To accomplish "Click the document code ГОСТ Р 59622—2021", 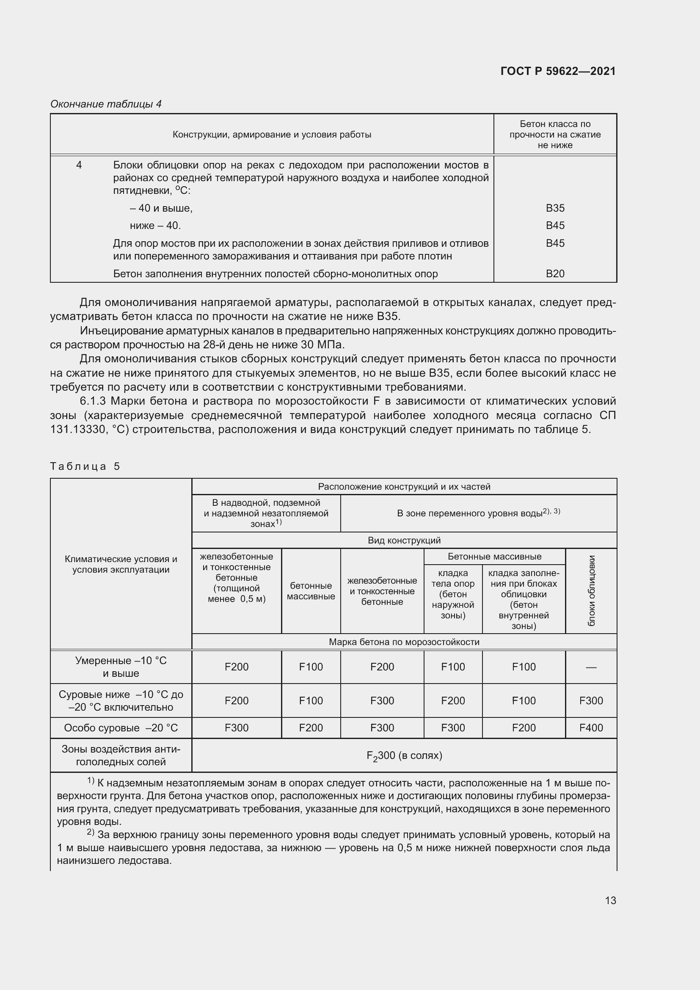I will tap(558, 71).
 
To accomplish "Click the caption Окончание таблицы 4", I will tap(106, 104).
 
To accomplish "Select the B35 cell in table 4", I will tap(555, 208).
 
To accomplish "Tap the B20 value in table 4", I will tap(555, 274).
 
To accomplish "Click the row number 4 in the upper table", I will tap(79, 165).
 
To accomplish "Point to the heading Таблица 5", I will tap(85, 466).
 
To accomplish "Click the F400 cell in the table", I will tap(591, 728).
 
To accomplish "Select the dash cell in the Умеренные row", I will tap(591, 667).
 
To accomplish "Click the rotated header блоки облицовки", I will tap(591, 591).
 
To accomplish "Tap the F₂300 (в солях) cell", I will tap(404, 756).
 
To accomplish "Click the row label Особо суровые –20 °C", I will tap(121, 728).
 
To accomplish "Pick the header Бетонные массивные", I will tap(494, 557).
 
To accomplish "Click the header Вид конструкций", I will tap(404, 540).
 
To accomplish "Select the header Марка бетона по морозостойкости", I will tap(404, 642).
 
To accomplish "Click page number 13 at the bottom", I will tap(610, 900).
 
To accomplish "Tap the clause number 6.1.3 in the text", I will tap(93, 401).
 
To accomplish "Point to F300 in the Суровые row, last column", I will tap(591, 700).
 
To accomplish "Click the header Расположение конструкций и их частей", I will tap(404, 487).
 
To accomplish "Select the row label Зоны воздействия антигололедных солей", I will tap(121, 756).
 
